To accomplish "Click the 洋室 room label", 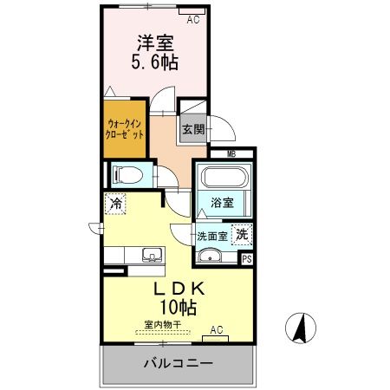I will (154, 41).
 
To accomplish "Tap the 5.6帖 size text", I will (155, 62).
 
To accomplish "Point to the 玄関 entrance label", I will (192, 130).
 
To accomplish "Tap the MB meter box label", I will (231, 154).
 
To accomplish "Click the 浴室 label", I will (223, 204).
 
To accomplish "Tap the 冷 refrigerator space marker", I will (115, 205).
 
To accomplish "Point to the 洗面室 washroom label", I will (211, 235).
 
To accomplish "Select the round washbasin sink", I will (211, 255).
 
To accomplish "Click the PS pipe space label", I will (247, 257).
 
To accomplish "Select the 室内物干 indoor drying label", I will (162, 325).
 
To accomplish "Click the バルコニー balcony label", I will (178, 361).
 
